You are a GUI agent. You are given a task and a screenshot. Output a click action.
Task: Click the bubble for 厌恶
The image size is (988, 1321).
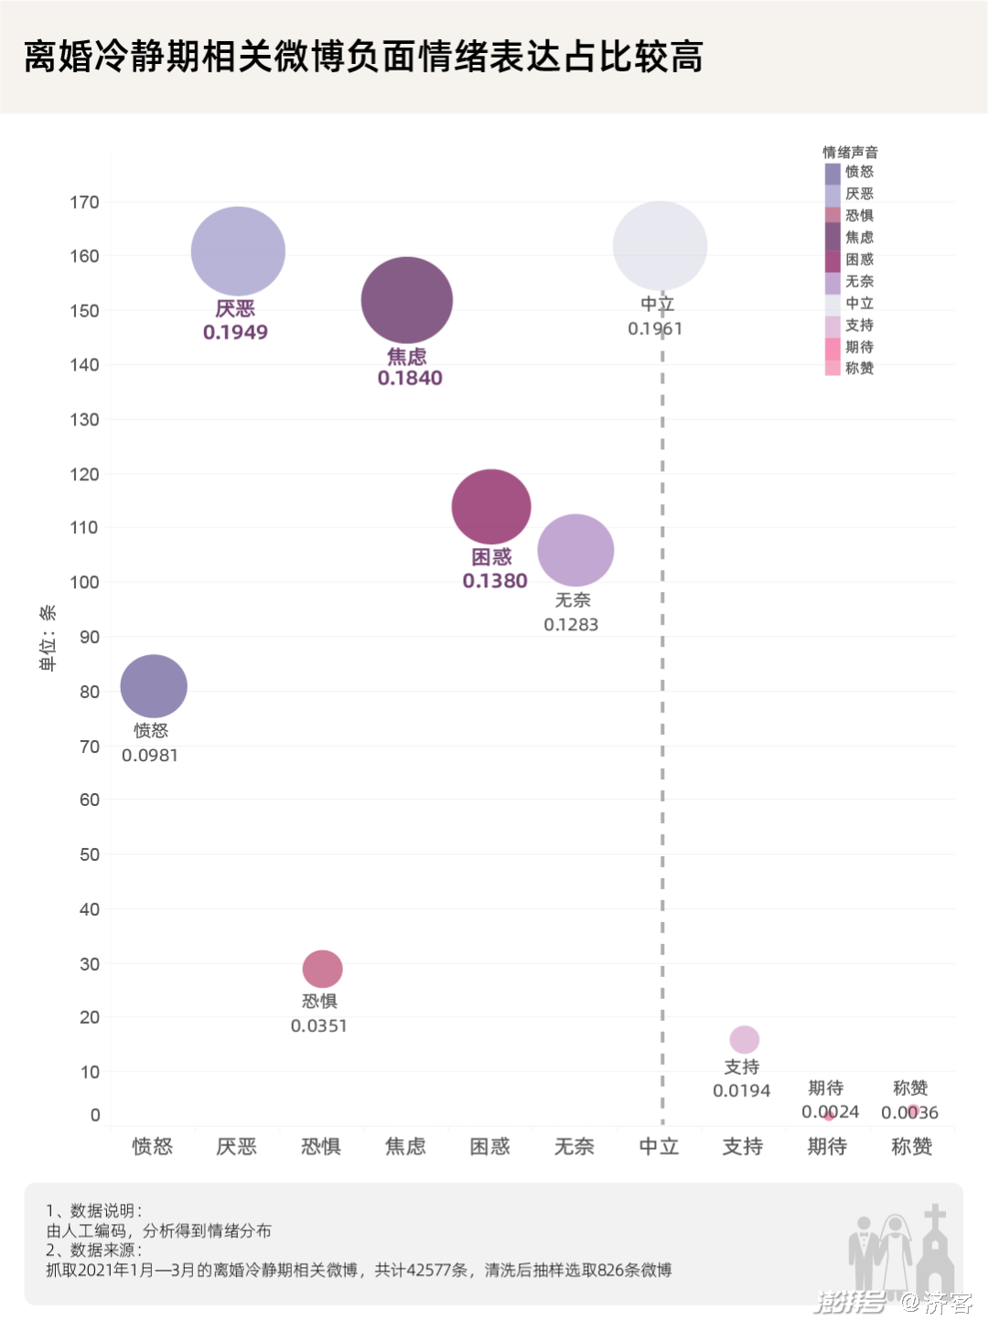(x=238, y=251)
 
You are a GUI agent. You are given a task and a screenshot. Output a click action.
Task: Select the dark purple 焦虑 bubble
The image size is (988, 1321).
(x=407, y=300)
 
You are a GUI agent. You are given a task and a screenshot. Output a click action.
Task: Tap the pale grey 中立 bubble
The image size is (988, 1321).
(x=660, y=246)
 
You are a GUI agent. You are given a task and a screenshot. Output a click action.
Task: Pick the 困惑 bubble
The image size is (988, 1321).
(x=491, y=507)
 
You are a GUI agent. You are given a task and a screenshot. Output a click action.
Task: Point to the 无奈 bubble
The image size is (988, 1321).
(x=575, y=550)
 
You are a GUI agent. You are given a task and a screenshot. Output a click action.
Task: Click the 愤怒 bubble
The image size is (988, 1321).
(x=154, y=686)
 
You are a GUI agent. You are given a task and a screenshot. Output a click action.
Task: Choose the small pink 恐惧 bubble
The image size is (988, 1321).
(x=322, y=969)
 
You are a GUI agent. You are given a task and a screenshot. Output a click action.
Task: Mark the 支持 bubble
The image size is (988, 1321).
(x=745, y=1039)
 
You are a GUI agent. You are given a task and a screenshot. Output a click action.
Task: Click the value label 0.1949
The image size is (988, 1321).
(x=235, y=332)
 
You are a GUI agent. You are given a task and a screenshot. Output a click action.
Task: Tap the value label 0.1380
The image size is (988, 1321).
(x=495, y=581)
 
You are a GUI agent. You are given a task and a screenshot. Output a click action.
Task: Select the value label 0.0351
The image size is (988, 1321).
(x=319, y=1026)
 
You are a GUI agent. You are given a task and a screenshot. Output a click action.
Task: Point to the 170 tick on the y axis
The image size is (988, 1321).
(x=84, y=202)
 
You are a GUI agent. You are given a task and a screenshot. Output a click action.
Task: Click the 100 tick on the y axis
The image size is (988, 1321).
(x=84, y=583)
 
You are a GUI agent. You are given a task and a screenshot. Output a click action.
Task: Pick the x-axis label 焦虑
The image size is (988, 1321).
(x=405, y=1146)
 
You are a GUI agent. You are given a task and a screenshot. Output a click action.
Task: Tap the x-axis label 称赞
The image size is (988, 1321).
(x=911, y=1146)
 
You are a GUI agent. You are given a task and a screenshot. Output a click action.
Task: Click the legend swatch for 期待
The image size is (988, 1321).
(x=832, y=347)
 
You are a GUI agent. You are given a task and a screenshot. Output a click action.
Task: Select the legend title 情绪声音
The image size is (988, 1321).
(x=850, y=152)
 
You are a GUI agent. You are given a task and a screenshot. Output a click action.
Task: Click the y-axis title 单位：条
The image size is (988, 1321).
(x=48, y=638)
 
